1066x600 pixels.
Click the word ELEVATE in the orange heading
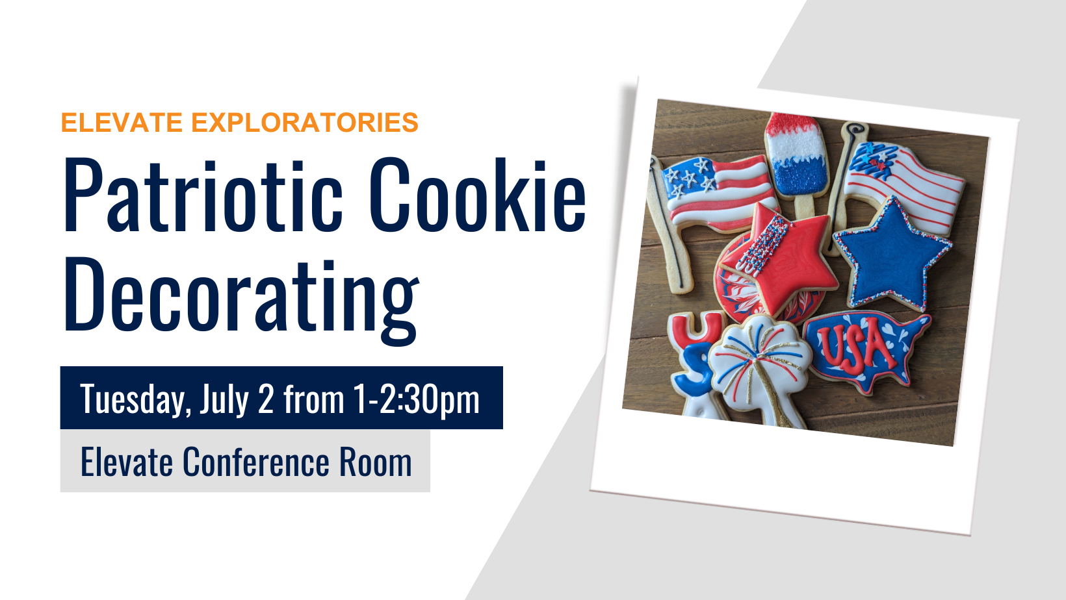pyautogui.click(x=122, y=122)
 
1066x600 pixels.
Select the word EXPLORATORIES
pyautogui.click(x=305, y=122)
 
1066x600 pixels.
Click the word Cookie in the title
pyautogui.click(x=477, y=195)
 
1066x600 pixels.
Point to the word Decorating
pyautogui.click(x=241, y=299)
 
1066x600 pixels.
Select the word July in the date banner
pyautogui.click(x=225, y=399)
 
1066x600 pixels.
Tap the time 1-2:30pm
pyautogui.click(x=416, y=399)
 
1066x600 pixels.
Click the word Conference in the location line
pyautogui.click(x=256, y=461)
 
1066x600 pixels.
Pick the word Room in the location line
pyautogui.click(x=375, y=462)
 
